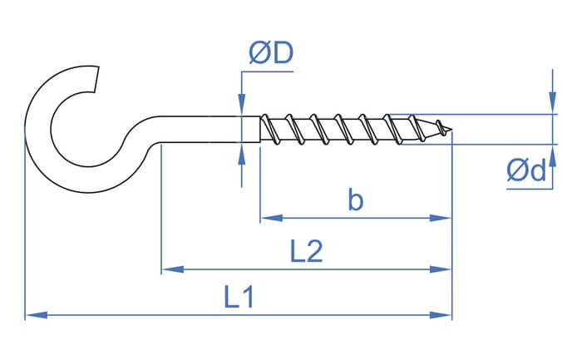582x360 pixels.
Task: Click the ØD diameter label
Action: point(271,52)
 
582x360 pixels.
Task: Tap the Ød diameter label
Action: point(526,170)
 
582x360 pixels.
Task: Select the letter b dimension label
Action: point(356,200)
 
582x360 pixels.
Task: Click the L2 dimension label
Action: point(306,251)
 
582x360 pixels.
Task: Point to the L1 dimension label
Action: point(239,297)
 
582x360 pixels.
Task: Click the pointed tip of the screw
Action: point(451,130)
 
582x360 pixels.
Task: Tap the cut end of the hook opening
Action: point(96,79)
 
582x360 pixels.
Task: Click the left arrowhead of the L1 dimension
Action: point(37,315)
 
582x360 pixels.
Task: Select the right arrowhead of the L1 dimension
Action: point(441,315)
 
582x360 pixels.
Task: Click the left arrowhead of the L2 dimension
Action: point(173,269)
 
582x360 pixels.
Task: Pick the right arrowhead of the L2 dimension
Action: point(441,269)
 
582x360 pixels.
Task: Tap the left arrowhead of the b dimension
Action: point(272,218)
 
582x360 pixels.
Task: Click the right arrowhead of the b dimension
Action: point(441,218)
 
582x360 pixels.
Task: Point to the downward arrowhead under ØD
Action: point(242,105)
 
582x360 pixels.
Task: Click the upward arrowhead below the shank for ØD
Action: point(242,153)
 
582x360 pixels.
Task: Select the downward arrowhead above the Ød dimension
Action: point(553,103)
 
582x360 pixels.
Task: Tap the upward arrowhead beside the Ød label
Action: point(553,155)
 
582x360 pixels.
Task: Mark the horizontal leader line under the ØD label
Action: point(267,72)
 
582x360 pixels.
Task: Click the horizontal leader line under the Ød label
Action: point(530,189)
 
